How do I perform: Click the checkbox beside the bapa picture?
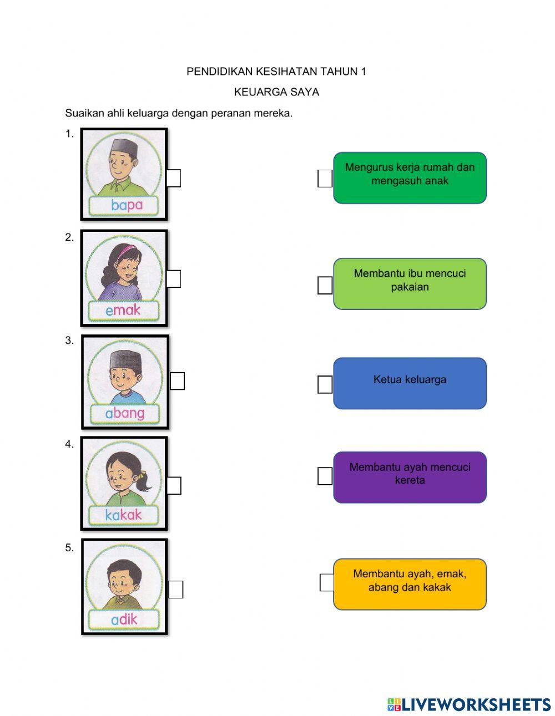pos(174,178)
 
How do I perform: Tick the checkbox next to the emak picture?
pos(173,279)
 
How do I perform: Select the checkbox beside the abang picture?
pos(177,381)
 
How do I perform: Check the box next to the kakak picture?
pos(174,485)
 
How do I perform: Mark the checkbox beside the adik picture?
pos(175,590)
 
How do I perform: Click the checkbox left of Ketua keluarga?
pos(325,384)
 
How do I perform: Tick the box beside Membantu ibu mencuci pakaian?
pos(325,286)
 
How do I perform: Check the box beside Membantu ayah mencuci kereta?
pos(325,476)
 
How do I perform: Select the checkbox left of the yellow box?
pos(327,583)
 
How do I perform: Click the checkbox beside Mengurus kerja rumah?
pos(325,179)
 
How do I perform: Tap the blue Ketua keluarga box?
pos(410,383)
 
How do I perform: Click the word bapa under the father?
pos(127,205)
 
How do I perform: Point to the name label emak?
pos(123,310)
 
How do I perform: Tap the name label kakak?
pos(123,515)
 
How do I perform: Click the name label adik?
pos(124,619)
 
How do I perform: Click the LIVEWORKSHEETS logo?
pos(469,704)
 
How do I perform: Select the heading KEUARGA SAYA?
pos(276,92)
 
